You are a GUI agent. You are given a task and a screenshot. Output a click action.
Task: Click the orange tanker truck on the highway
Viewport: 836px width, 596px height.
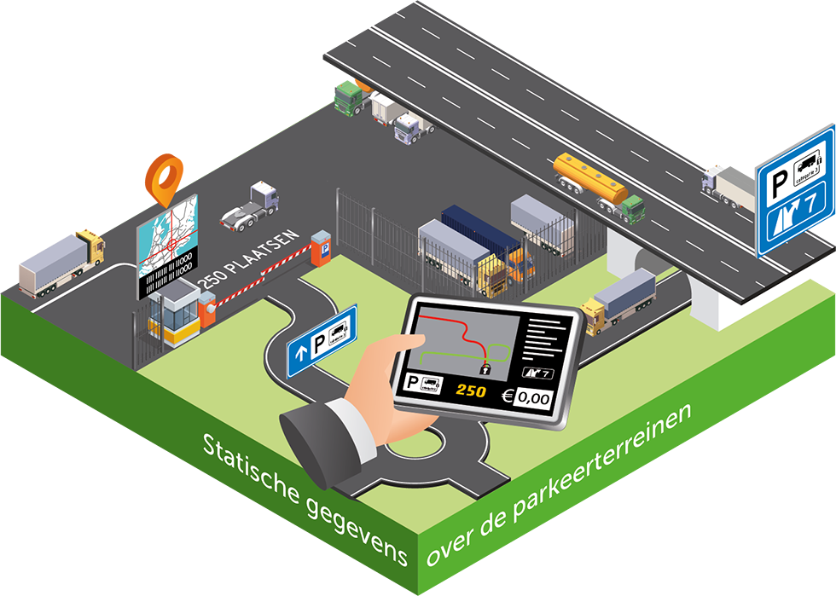pos(597,181)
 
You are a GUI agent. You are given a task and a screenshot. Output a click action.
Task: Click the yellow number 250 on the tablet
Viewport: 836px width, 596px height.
pos(470,391)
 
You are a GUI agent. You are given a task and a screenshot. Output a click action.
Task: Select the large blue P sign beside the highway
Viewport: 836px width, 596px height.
pos(795,193)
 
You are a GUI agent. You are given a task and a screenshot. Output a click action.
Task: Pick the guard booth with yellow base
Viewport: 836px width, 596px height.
pos(176,314)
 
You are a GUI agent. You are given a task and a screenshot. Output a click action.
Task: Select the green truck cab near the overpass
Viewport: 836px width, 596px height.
pos(347,96)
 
